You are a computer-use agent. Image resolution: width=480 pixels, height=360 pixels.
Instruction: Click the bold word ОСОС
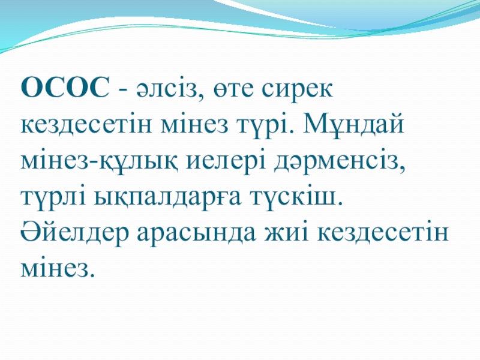tap(65, 89)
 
